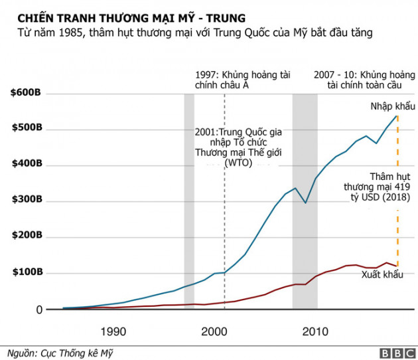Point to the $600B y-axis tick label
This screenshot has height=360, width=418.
click(27, 92)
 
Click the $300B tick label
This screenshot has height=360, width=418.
click(27, 201)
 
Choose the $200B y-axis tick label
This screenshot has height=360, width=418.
click(27, 236)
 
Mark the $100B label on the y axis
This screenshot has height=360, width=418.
click(27, 273)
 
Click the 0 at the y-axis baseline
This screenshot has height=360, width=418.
click(38, 310)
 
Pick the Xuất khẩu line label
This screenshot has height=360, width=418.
click(382, 274)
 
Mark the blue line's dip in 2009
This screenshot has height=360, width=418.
click(305, 202)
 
